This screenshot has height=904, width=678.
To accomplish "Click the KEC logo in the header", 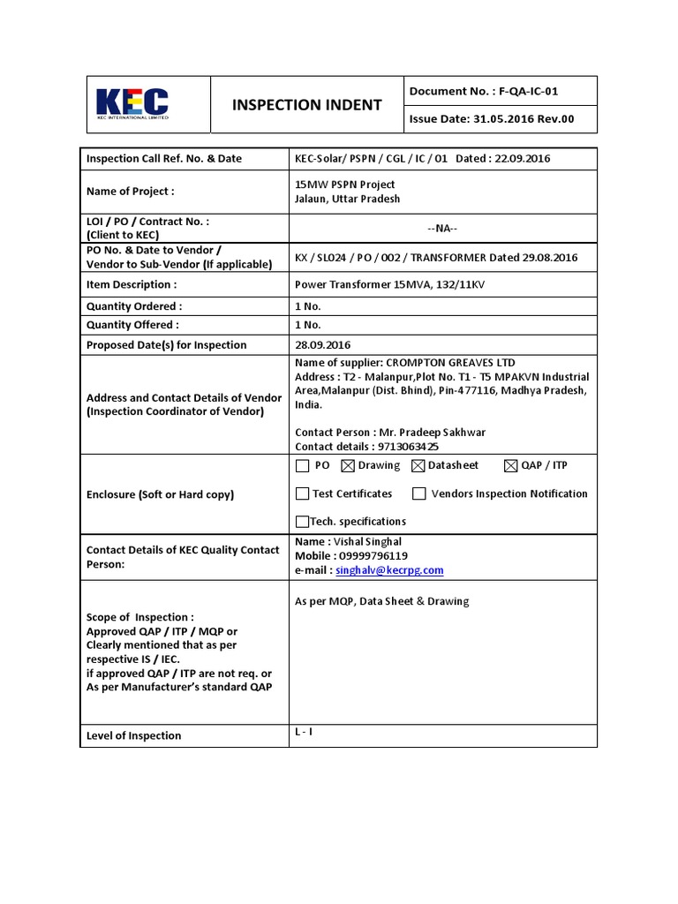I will [x=132, y=104].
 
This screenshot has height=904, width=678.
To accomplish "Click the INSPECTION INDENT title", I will [x=306, y=105].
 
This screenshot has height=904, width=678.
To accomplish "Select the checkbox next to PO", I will [x=303, y=466].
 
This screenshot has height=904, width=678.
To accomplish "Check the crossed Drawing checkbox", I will [x=347, y=466].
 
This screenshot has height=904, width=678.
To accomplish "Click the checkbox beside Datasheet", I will [x=418, y=466].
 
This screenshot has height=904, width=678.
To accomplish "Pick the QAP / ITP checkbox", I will [x=511, y=466].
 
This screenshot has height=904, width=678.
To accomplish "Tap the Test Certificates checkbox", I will [x=303, y=493].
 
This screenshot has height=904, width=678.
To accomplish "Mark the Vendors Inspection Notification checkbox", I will [x=419, y=493].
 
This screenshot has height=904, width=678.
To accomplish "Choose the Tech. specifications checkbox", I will [x=303, y=521].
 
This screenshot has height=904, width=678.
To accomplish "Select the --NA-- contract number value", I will [x=442, y=229].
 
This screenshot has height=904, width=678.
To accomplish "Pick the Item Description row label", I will [x=132, y=285].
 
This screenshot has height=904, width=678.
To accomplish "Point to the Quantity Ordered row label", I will [x=134, y=306].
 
